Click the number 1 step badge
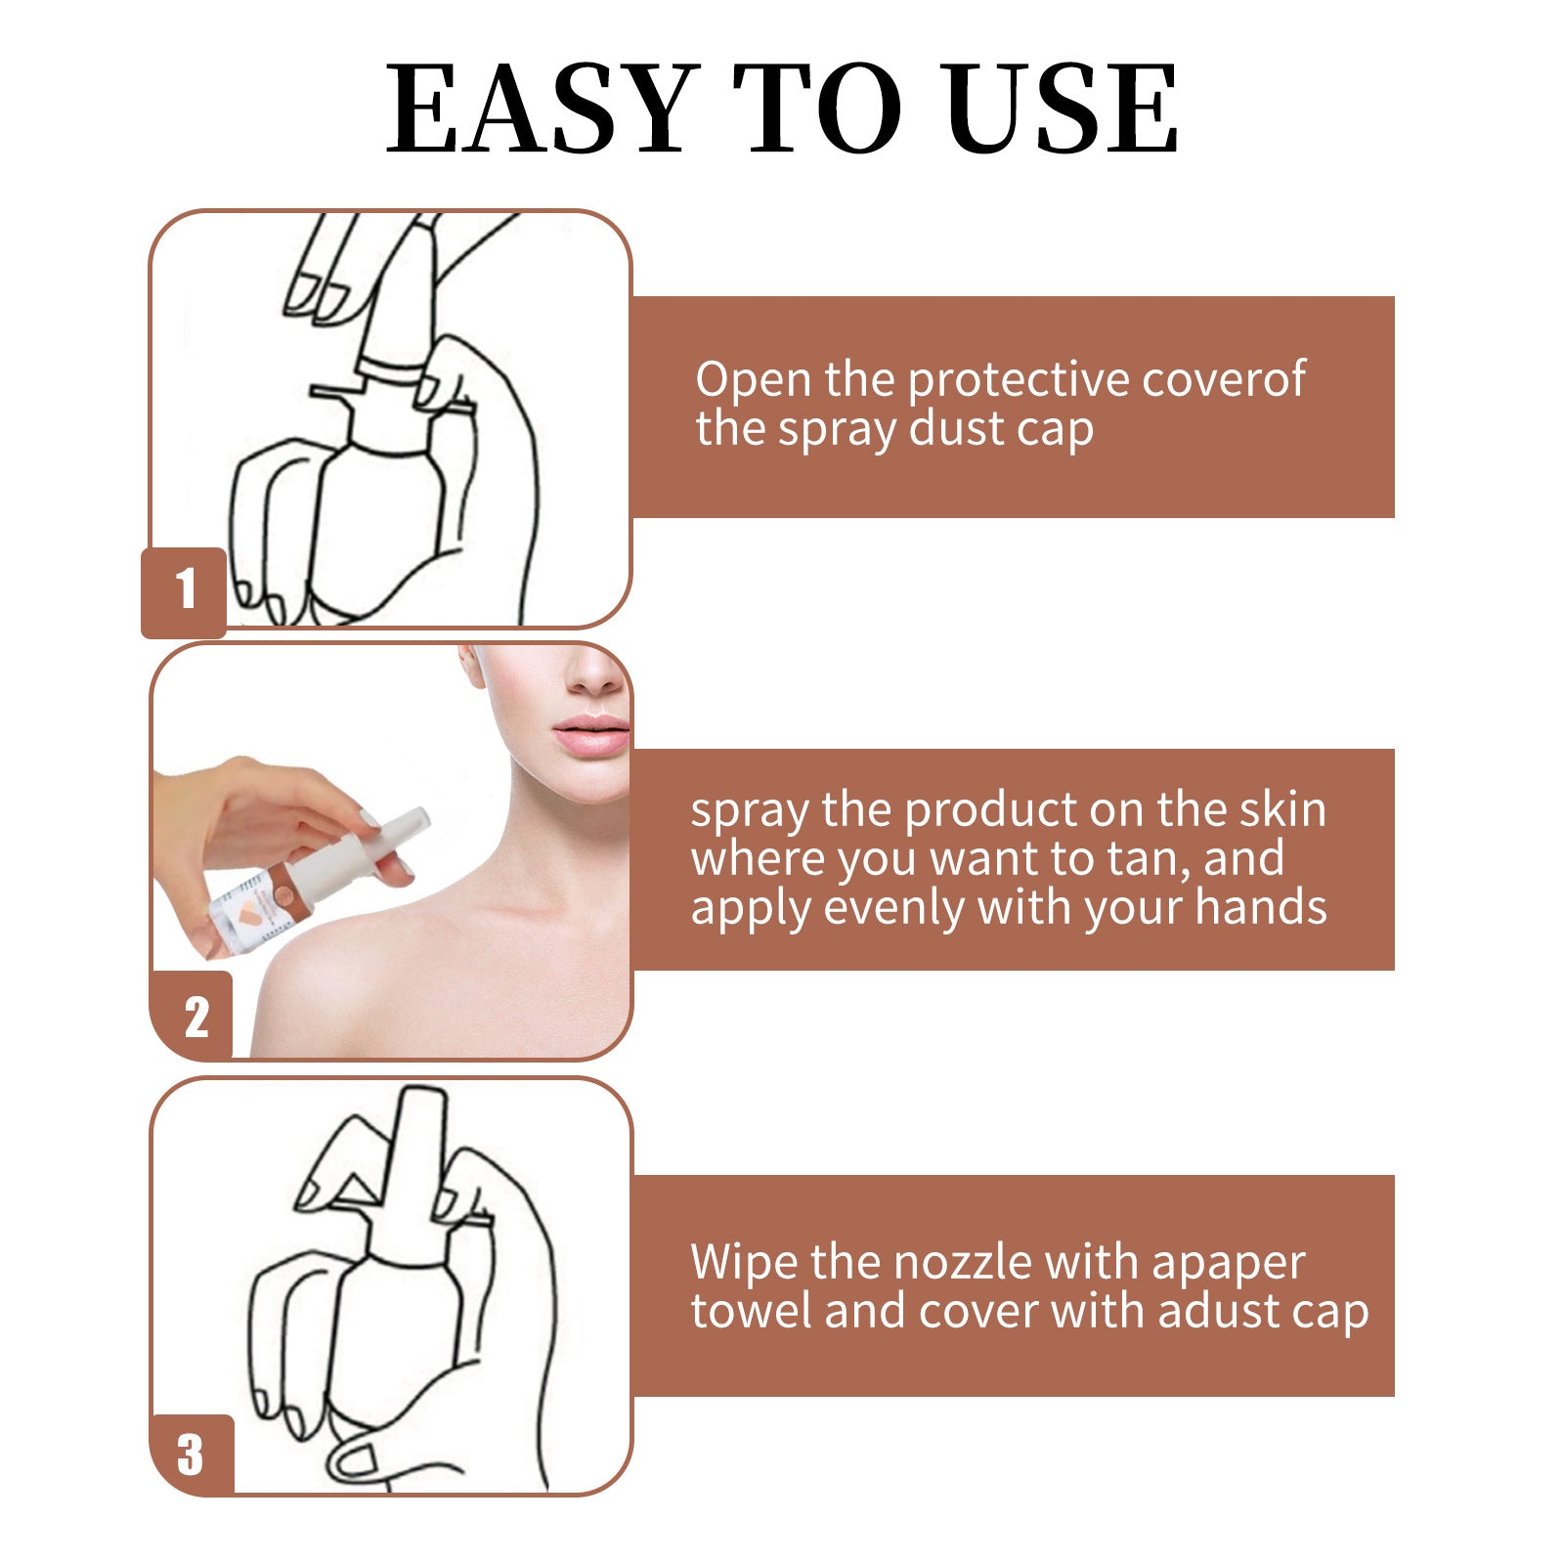point(185,589)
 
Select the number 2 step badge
point(195,1017)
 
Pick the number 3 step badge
point(191,1454)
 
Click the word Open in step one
point(753,379)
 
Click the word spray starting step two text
point(749,811)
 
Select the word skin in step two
point(1282,809)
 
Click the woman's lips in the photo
point(592,735)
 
